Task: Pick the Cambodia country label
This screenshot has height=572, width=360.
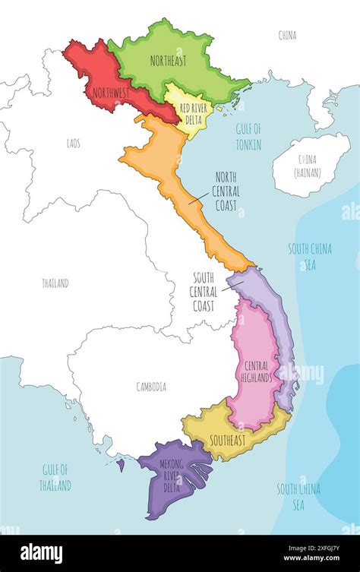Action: [x=151, y=387]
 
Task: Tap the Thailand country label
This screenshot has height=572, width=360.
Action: [x=55, y=283]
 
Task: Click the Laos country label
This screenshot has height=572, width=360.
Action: [x=73, y=141]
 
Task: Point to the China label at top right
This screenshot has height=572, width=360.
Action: [x=288, y=35]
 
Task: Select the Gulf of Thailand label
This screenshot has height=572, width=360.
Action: [x=55, y=477]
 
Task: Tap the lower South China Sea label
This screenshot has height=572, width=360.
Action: [x=298, y=495]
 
